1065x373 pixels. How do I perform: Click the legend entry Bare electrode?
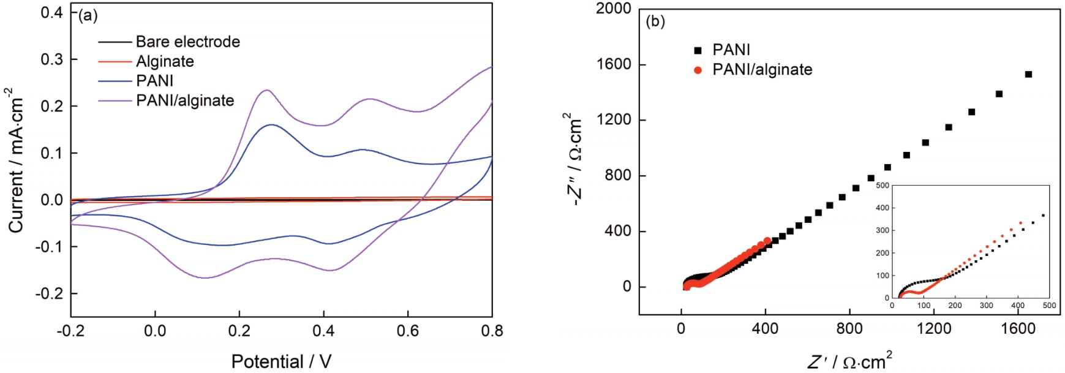pyautogui.click(x=187, y=42)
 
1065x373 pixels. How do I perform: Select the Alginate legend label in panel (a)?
pyautogui.click(x=165, y=61)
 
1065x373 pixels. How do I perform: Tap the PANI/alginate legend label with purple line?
pyautogui.click(x=185, y=100)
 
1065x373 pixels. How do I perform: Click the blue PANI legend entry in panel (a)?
pyautogui.click(x=154, y=81)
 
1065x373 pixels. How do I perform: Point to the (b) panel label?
pyautogui.click(x=655, y=21)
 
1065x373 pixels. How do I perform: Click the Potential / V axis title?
pyautogui.click(x=281, y=361)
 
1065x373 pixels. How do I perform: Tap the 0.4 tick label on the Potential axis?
pyautogui.click(x=323, y=331)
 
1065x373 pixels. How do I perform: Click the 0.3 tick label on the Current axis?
pyautogui.click(x=51, y=59)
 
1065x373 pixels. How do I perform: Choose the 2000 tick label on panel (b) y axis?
pyautogui.click(x=613, y=9)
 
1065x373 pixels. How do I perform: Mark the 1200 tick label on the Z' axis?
pyautogui.click(x=934, y=329)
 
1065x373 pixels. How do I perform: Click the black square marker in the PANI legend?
pyautogui.click(x=698, y=50)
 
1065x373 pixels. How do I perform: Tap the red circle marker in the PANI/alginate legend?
pyautogui.click(x=698, y=70)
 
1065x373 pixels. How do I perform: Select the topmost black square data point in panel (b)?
pyautogui.click(x=1028, y=74)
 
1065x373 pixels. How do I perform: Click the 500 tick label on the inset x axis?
pyautogui.click(x=1049, y=306)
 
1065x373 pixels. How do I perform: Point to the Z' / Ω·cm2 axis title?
pyautogui.click(x=849, y=361)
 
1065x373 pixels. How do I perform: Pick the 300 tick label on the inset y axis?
pyautogui.click(x=882, y=230)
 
